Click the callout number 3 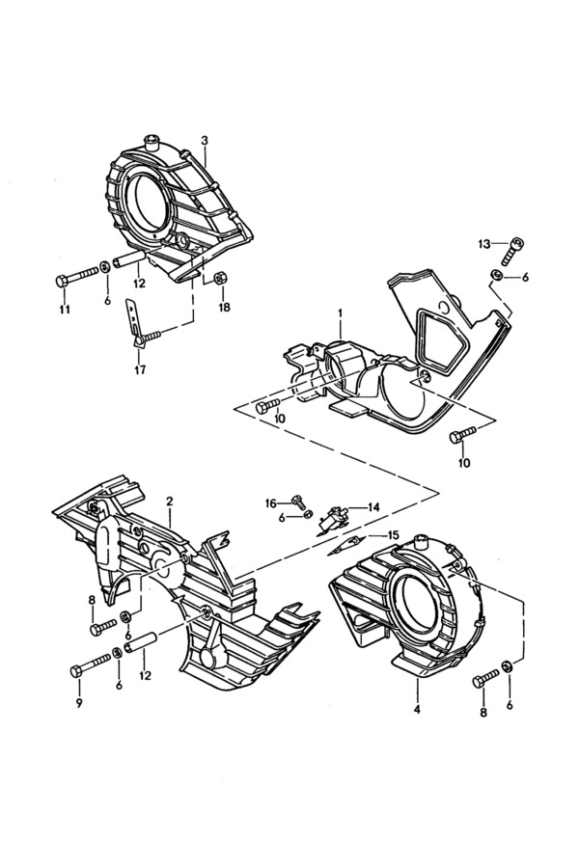click(205, 140)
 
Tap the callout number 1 click(341, 313)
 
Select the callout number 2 click(170, 502)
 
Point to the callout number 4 click(417, 709)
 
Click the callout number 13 click(483, 244)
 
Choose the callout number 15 click(393, 534)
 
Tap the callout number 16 click(270, 503)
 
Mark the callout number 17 click(140, 369)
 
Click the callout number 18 click(224, 308)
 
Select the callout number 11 click(65, 310)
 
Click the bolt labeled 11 click(77, 277)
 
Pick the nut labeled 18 click(218, 276)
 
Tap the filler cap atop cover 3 click(151, 141)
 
